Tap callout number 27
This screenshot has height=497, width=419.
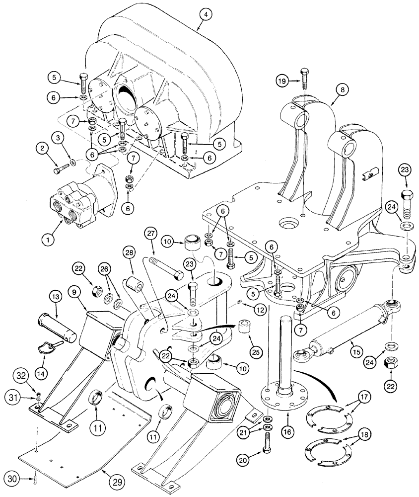150,233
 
